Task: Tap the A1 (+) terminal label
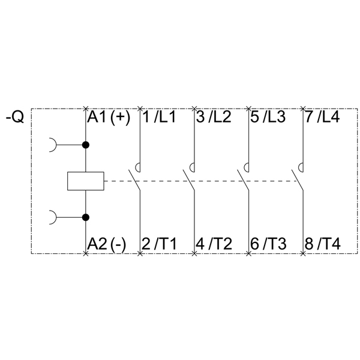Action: pos(108,117)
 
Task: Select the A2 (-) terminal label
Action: pos(106,244)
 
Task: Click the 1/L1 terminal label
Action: pos(159,117)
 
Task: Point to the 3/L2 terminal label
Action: pos(214,117)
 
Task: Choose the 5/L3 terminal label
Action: pos(268,117)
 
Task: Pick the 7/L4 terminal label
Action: pos(322,117)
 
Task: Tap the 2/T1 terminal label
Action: pos(159,244)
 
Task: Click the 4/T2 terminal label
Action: pos(214,244)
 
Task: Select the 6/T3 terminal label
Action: pos(268,244)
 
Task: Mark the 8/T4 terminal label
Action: pos(322,244)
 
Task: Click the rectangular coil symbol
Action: pos(85,181)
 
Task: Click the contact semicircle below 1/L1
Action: pos(138,168)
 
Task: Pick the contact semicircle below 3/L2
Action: pos(193,168)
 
